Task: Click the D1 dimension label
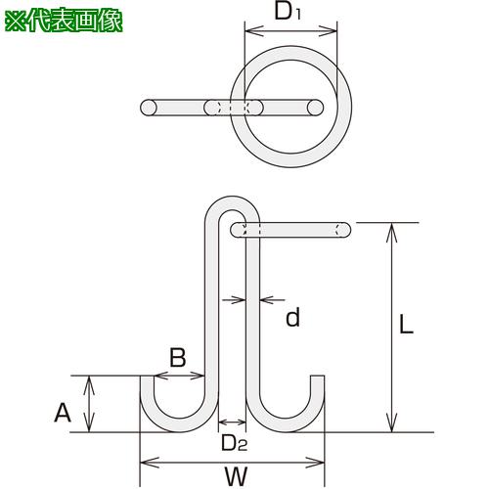tap(288, 12)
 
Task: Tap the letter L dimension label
tap(406, 324)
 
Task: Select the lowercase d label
tap(292, 318)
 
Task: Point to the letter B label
tap(178, 357)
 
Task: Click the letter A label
tap(63, 413)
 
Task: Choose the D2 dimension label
tap(234, 443)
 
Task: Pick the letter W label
tap(236, 476)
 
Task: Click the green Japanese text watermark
tap(64, 22)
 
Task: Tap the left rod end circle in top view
tap(149, 108)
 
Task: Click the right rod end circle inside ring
tap(315, 108)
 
